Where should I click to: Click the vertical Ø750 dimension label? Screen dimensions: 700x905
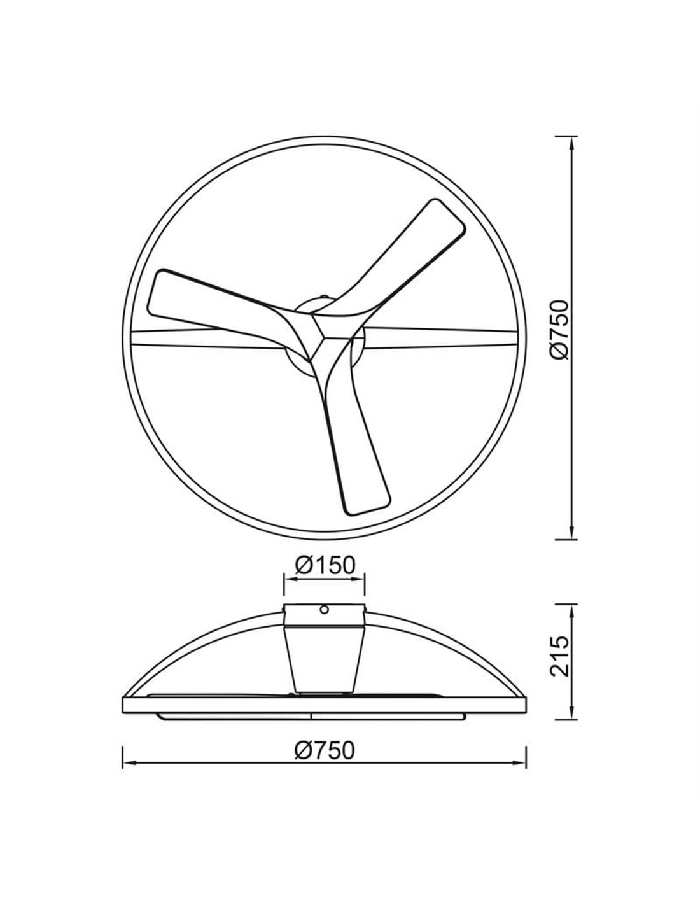[x=559, y=329]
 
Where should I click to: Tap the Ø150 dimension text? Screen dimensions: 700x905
[x=325, y=566]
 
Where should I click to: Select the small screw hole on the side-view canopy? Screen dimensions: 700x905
[x=324, y=610]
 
